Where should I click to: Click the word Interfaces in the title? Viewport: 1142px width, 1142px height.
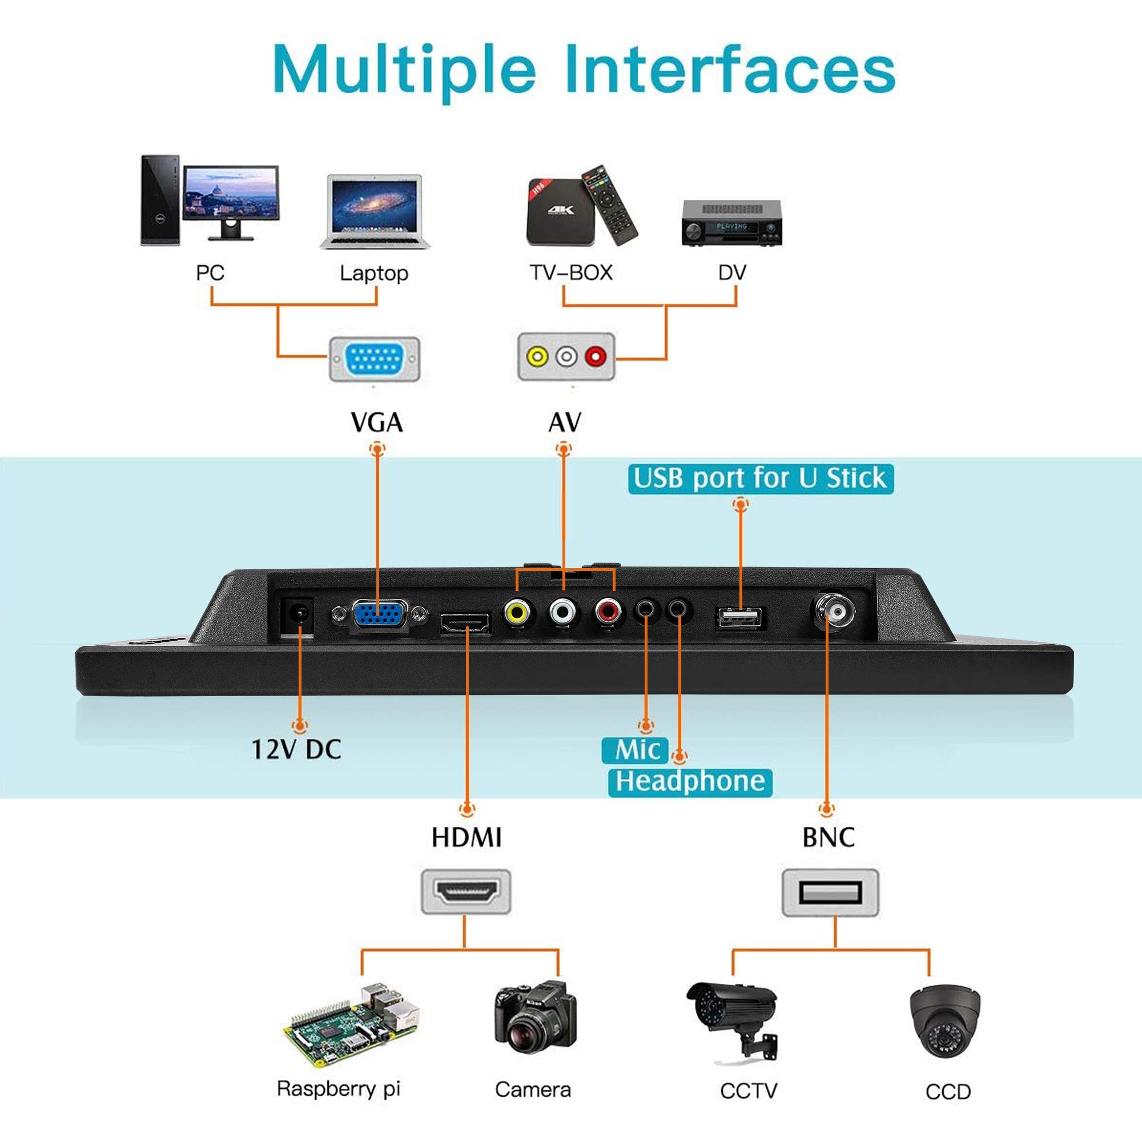click(x=729, y=71)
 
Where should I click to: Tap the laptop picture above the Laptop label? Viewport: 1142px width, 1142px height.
click(x=375, y=211)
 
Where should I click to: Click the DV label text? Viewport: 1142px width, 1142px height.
click(x=732, y=273)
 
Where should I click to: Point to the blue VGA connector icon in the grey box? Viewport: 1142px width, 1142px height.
click(x=375, y=359)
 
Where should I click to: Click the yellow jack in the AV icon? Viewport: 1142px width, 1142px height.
click(x=537, y=356)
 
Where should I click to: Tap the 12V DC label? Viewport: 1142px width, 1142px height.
click(x=297, y=750)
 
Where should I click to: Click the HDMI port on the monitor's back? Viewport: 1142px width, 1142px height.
click(x=465, y=622)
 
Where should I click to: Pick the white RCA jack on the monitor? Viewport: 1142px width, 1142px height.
click(x=561, y=611)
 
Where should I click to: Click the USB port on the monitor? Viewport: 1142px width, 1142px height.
click(x=741, y=618)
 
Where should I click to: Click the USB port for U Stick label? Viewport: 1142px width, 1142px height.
click(x=760, y=478)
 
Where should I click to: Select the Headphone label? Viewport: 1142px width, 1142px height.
click(x=690, y=782)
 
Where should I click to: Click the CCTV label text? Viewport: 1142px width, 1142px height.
click(x=749, y=1091)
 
